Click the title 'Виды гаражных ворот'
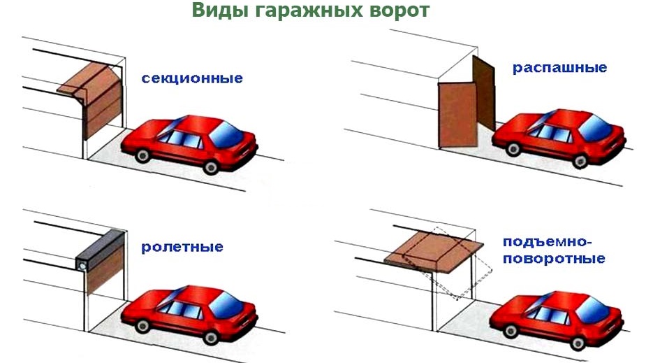coord(311,12)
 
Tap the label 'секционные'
coord(192,78)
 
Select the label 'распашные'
coord(559,69)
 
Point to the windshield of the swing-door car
coord(594,126)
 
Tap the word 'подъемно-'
coord(547,242)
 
